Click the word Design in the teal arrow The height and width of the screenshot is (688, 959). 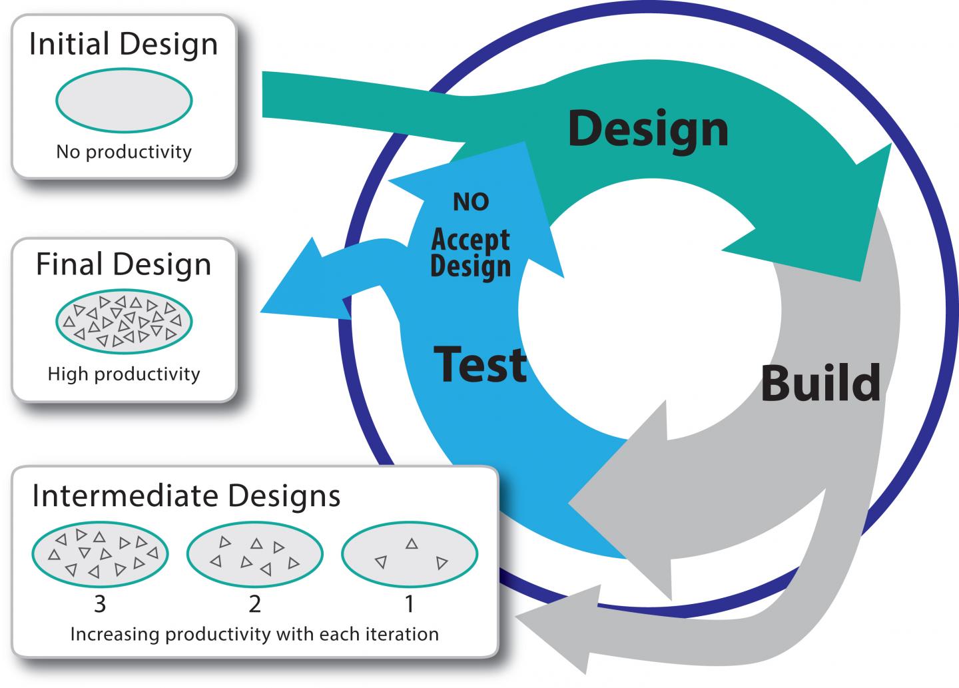click(648, 129)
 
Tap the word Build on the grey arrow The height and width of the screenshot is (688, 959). click(820, 383)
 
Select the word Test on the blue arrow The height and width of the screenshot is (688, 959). click(480, 364)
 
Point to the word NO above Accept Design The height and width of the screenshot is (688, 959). click(471, 202)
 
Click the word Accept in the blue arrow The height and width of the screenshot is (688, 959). click(470, 239)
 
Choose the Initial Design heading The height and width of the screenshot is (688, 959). click(124, 45)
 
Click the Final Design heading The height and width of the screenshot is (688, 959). click(124, 264)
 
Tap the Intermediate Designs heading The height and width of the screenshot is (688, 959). click(186, 496)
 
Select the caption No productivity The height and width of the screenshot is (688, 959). click(124, 152)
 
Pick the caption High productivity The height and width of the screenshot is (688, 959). click(124, 374)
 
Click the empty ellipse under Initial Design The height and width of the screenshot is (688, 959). click(124, 101)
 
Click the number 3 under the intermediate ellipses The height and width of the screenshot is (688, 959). click(100, 604)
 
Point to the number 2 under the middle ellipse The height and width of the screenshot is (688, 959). click(254, 604)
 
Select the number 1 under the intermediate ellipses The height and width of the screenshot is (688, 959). click(410, 604)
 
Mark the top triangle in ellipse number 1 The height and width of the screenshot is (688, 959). click(412, 544)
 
